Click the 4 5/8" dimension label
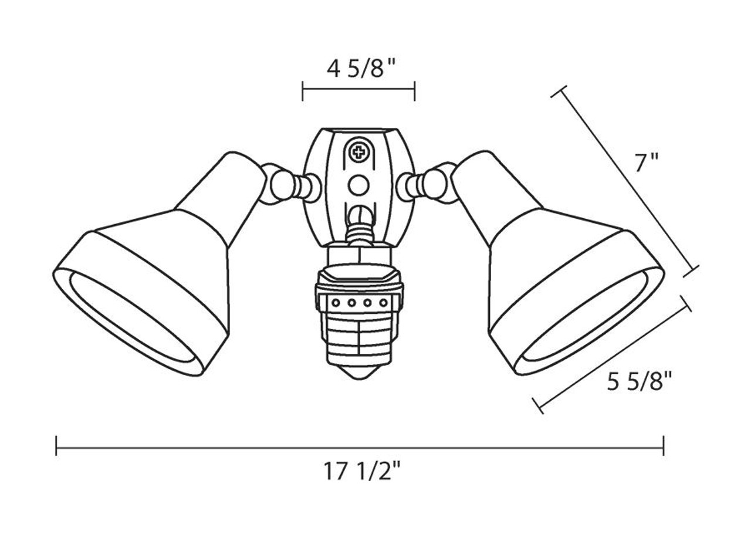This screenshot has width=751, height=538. click(358, 69)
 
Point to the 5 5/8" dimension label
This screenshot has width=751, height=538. click(639, 383)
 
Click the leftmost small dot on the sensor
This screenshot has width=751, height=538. click(336, 303)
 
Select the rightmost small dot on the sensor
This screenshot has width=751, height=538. click(383, 303)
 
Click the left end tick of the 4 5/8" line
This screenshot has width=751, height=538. click(303, 91)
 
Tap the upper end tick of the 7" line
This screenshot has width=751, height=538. click(559, 92)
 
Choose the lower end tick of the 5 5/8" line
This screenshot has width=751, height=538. click(538, 405)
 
